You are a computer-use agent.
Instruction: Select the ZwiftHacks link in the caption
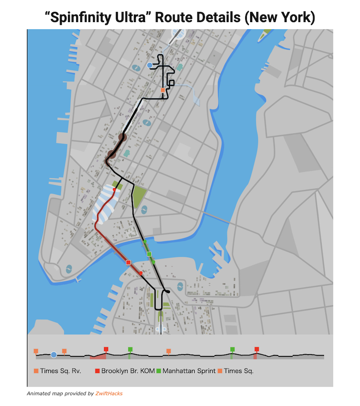pos(109,393)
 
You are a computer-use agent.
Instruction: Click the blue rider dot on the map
pos(150,65)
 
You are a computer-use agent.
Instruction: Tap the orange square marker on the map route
pos(163,90)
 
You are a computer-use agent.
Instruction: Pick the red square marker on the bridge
pos(128,262)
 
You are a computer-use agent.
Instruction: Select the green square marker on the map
pos(149,254)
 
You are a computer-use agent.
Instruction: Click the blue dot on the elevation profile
pos(54,355)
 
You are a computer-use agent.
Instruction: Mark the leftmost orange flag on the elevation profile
pos(36,351)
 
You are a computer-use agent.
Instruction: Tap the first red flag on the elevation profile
pos(106,349)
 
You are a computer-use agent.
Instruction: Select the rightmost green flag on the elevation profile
pos(232,349)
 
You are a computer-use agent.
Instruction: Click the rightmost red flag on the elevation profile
pos(257,349)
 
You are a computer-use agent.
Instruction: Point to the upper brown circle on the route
pos(122,138)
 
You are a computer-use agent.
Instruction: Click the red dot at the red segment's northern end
pos(114,190)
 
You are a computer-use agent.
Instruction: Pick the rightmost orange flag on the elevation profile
pos(169,351)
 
